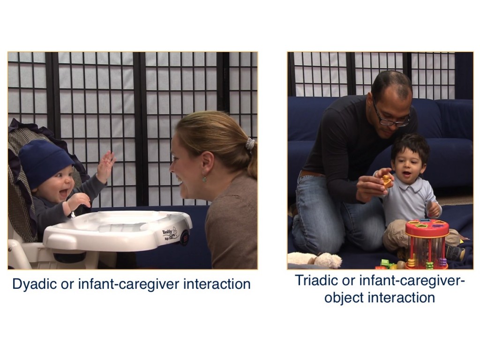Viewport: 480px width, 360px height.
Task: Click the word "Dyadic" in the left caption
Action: (35, 285)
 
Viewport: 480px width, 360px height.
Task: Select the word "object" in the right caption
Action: (344, 298)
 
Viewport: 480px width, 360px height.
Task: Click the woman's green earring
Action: (204, 179)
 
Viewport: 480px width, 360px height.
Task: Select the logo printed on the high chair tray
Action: (170, 234)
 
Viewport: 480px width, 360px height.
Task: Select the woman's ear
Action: (207, 163)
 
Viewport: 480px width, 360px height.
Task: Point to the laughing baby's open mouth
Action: (64, 193)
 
